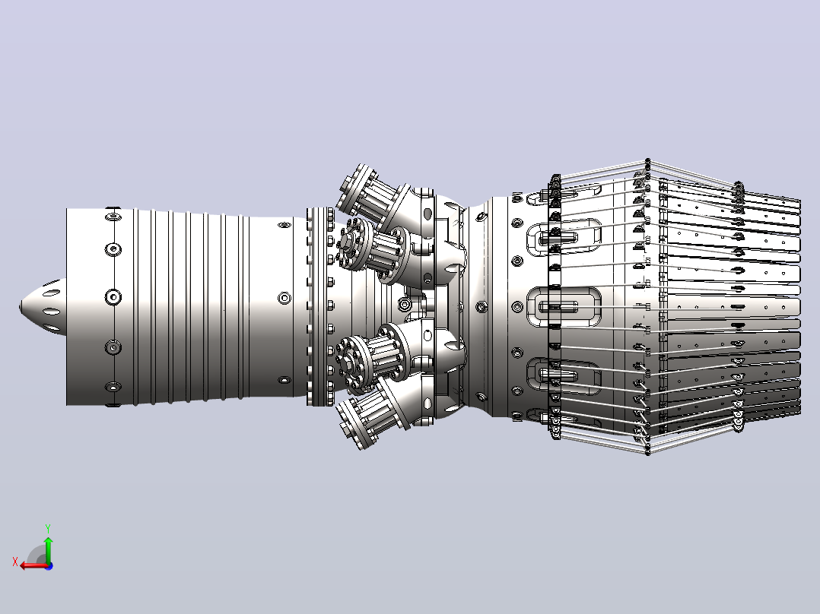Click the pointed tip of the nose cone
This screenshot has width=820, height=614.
21,306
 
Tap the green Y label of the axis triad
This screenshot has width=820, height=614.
48,528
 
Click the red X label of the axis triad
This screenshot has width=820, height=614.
15,562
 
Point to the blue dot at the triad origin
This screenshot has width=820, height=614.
49,565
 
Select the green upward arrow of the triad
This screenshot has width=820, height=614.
48,549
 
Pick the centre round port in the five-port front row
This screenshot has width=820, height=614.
113,297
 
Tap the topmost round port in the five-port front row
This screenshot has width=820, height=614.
113,215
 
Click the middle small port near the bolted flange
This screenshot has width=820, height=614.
284,298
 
